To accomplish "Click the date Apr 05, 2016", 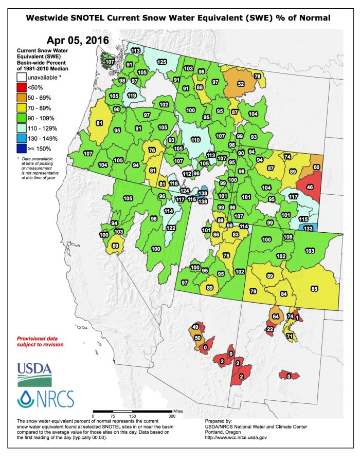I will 78,41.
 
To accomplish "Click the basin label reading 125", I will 161,62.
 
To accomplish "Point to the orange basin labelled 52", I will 240,84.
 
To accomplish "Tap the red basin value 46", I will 310,189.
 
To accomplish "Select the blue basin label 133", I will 308,228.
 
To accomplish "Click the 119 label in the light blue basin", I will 132,96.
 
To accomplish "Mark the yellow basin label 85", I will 315,289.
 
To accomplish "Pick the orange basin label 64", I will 275,316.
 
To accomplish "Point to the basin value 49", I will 195,327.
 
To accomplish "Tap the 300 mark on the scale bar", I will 172,416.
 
